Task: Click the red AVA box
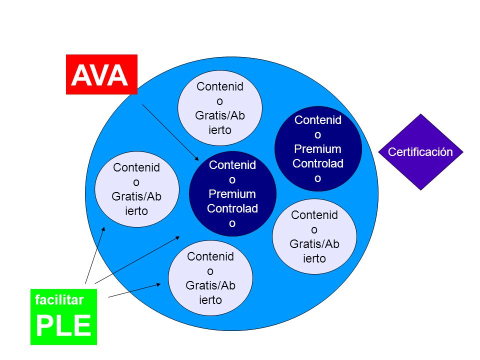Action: click(101, 74)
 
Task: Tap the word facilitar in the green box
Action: click(59, 299)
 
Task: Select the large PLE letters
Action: click(63, 325)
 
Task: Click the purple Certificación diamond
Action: click(420, 152)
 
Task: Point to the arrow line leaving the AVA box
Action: click(170, 132)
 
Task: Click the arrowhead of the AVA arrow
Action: click(197, 158)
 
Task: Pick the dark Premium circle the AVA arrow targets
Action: click(232, 193)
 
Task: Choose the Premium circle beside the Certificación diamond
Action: click(318, 149)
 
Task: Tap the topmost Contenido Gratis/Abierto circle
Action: click(220, 108)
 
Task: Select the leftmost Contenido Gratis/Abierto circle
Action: click(136, 189)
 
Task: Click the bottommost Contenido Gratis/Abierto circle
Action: click(210, 278)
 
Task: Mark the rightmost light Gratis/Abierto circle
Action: click(314, 236)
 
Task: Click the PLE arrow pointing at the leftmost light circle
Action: click(95, 255)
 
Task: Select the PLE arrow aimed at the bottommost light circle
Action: click(134, 290)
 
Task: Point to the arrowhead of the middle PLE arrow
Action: click(177, 238)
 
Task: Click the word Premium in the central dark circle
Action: click(232, 194)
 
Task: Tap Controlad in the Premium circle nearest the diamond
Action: click(318, 163)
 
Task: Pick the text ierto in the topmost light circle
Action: click(220, 130)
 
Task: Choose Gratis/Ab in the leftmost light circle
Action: click(136, 196)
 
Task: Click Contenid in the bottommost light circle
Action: click(210, 256)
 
